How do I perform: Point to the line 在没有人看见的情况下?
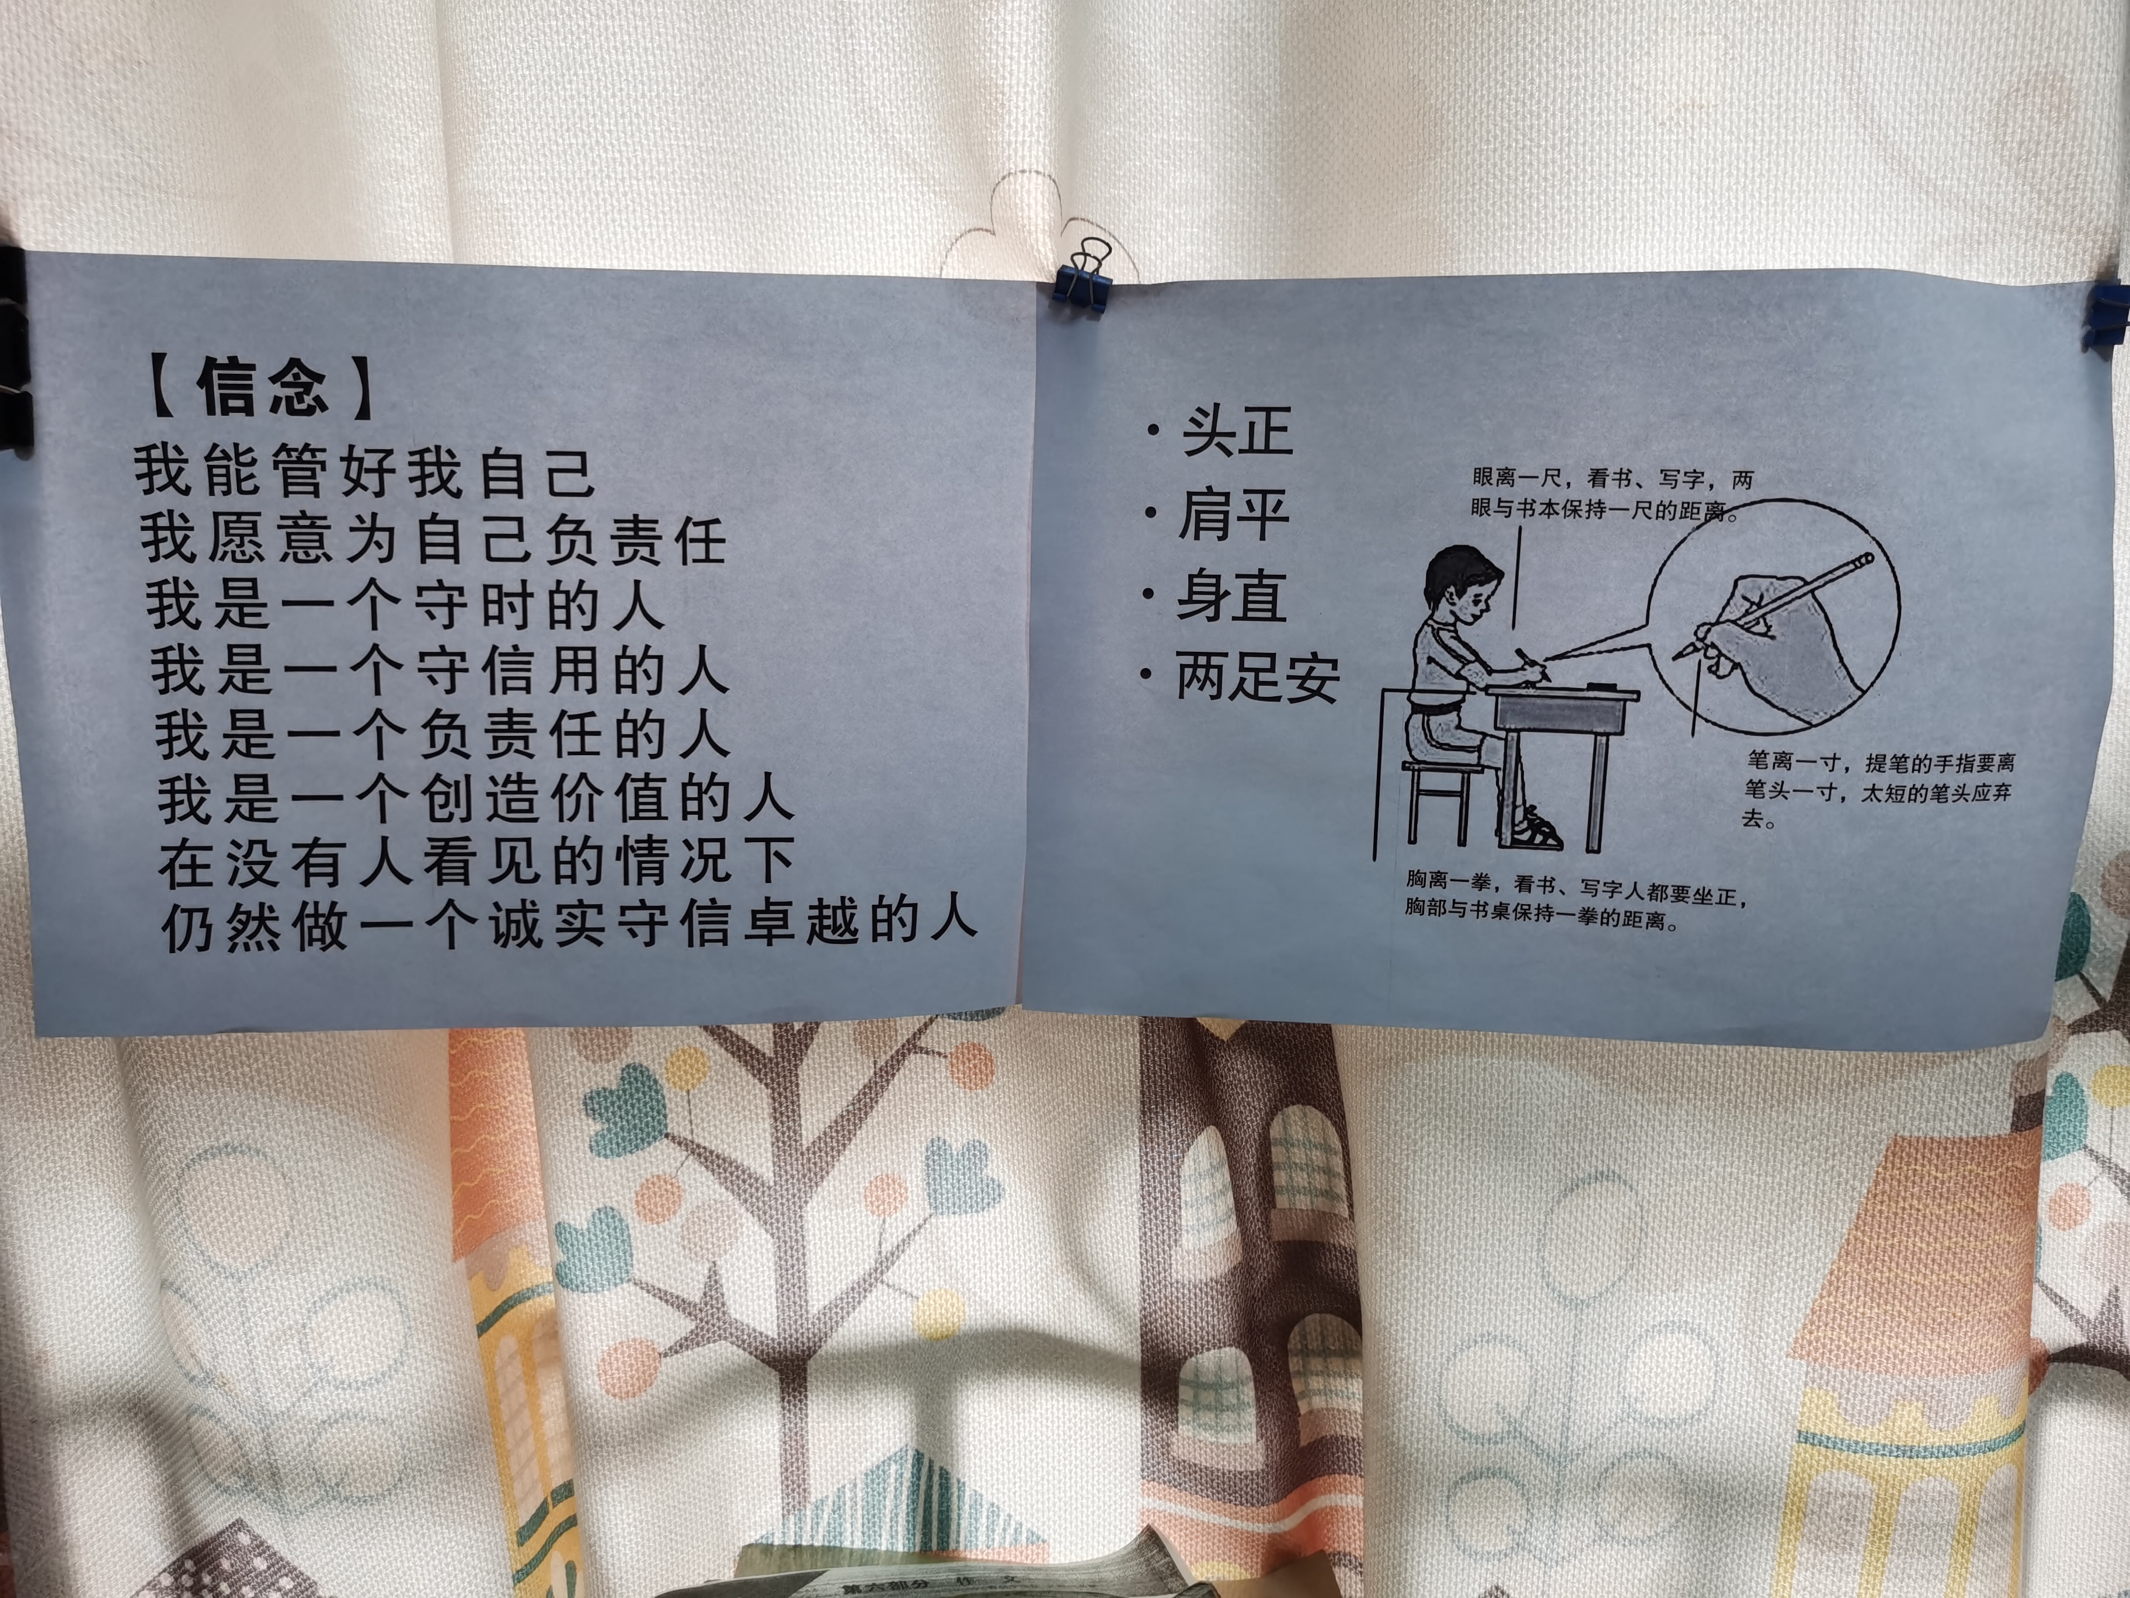pos(476,861)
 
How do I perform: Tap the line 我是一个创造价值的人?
pos(476,798)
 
